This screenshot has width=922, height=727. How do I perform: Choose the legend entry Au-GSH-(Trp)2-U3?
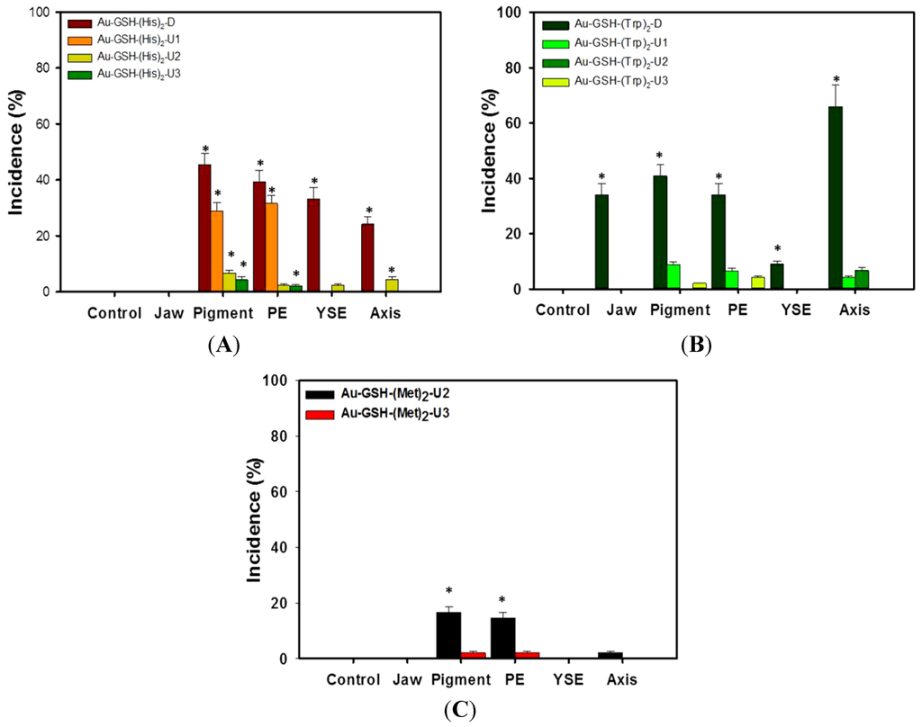coord(621,81)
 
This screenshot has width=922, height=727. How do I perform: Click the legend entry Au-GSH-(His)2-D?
coord(135,22)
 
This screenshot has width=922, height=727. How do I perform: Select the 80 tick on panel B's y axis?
coord(534,67)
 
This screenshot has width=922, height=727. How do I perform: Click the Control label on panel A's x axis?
coord(114,314)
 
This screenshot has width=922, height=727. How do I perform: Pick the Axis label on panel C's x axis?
coord(620,679)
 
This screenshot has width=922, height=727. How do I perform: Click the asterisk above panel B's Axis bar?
coord(836,79)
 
